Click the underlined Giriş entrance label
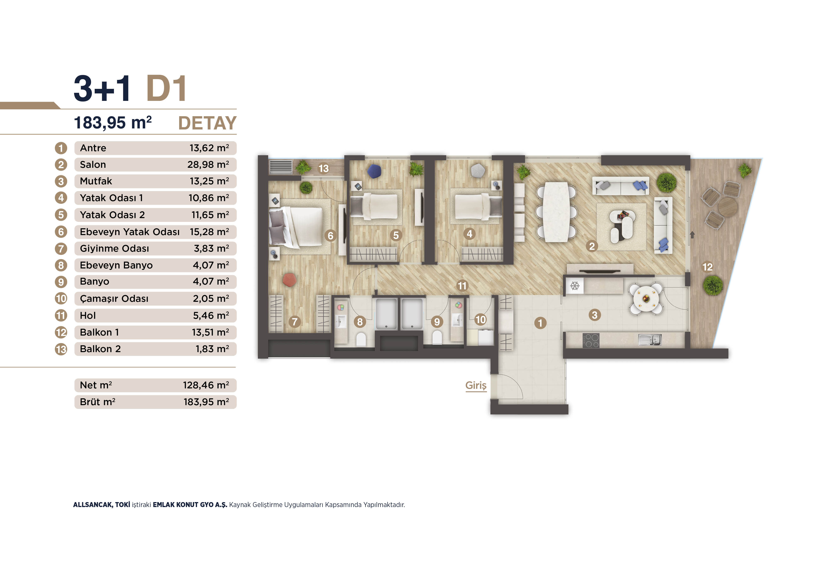[x=476, y=385]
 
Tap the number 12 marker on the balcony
[x=707, y=267]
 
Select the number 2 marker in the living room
[x=592, y=246]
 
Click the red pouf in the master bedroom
[x=289, y=280]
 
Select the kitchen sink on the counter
[x=650, y=340]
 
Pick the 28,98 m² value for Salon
[x=208, y=165]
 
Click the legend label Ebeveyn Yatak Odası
[x=130, y=232]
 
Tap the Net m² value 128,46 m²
[x=206, y=385]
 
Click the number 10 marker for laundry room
[x=480, y=320]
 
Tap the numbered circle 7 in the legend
[x=61, y=249]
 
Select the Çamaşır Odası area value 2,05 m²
[x=211, y=299]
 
